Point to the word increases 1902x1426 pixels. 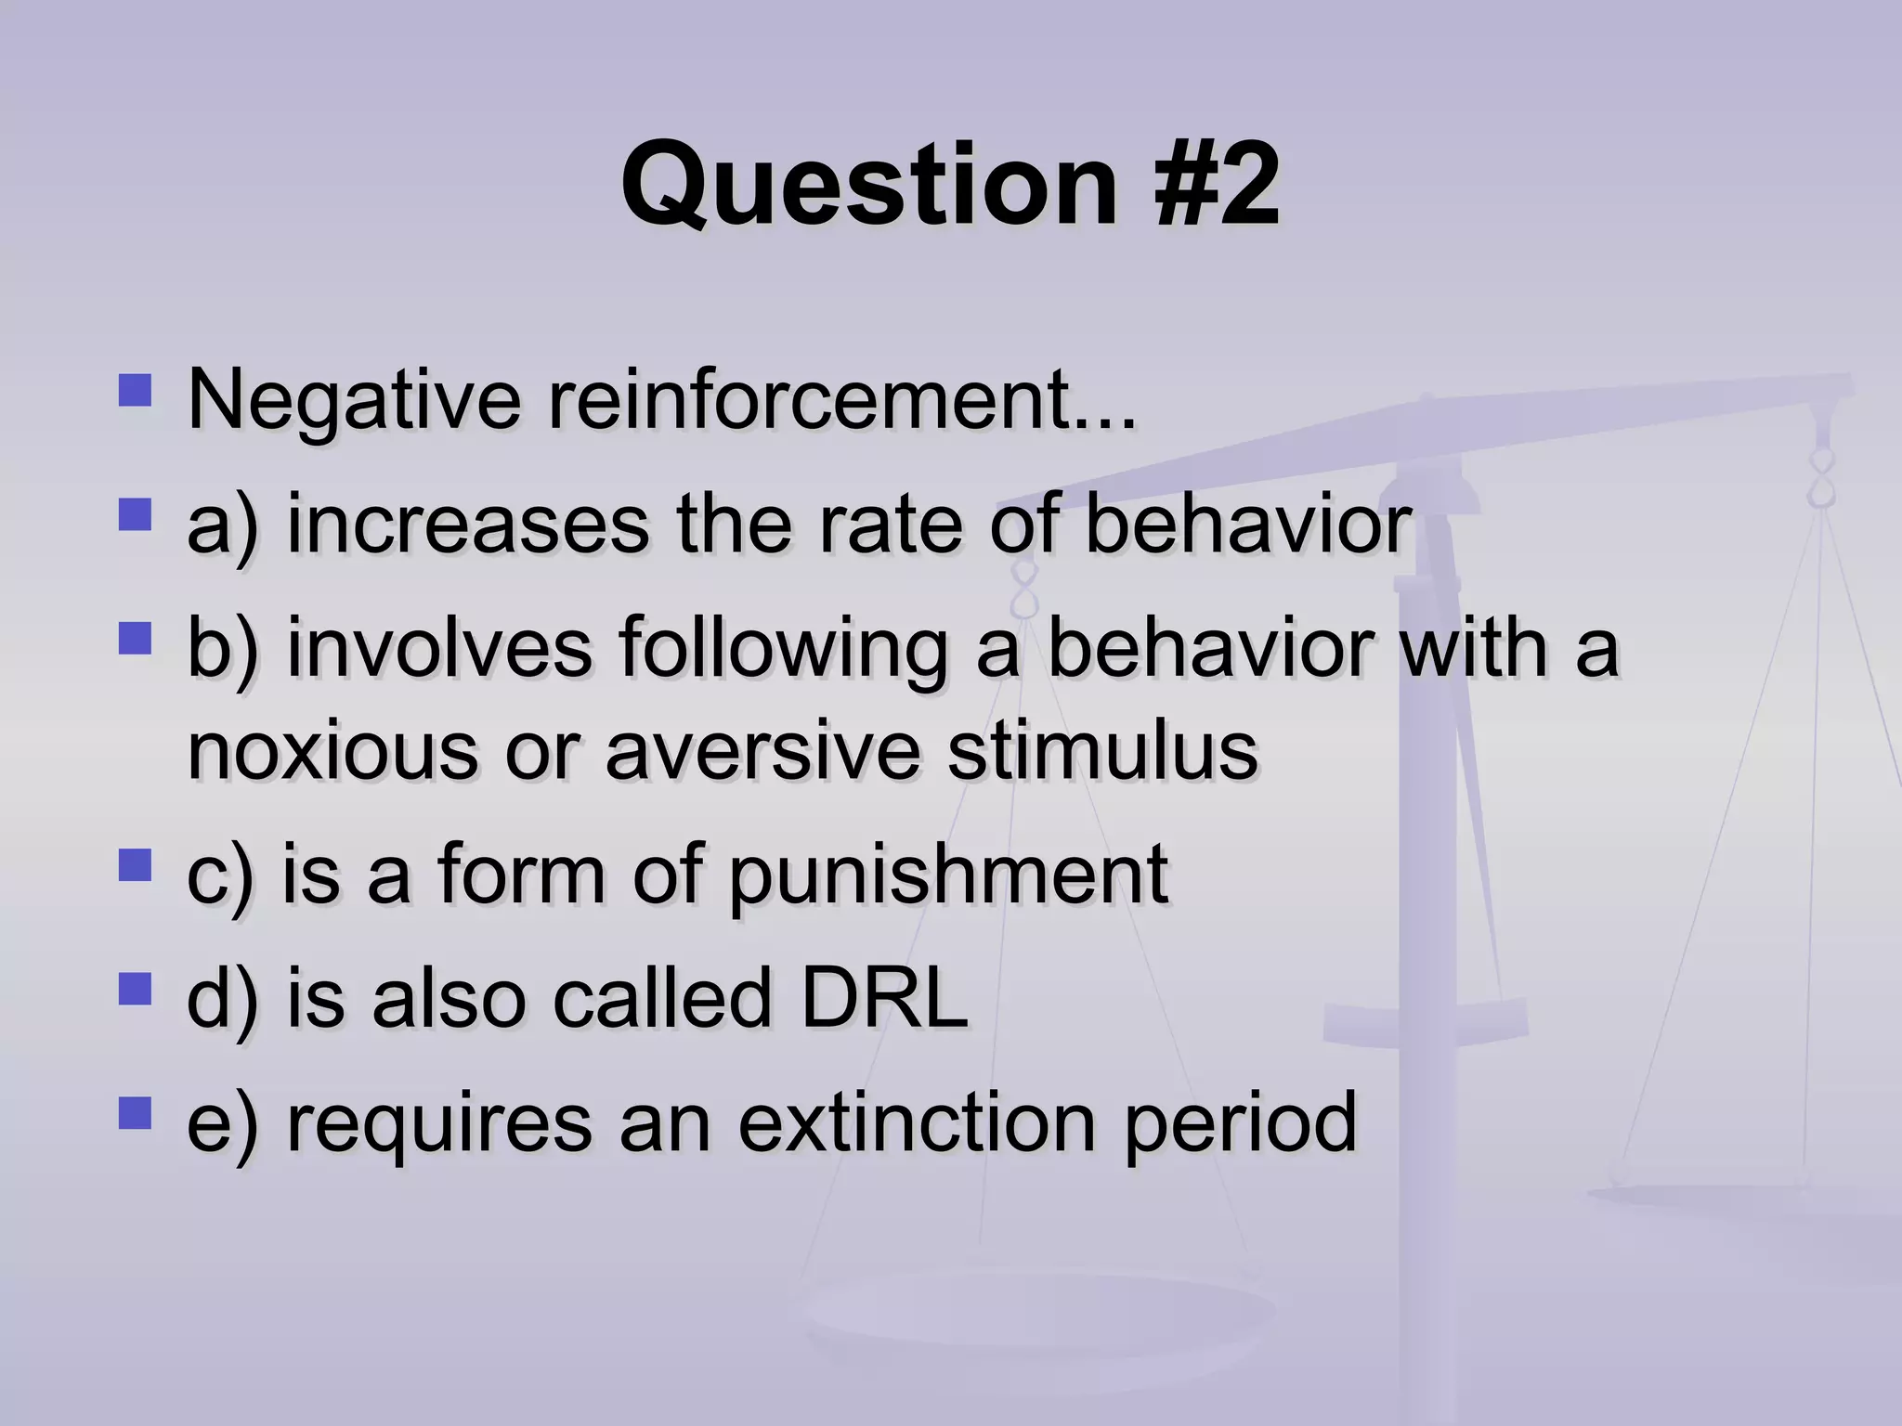pos(467,525)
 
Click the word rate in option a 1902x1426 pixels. pos(892,525)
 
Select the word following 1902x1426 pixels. pos(782,650)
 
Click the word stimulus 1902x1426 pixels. pos(1102,750)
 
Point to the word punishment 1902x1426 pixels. pos(947,875)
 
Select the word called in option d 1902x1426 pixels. pos(662,998)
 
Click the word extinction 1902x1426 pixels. pos(917,1123)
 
